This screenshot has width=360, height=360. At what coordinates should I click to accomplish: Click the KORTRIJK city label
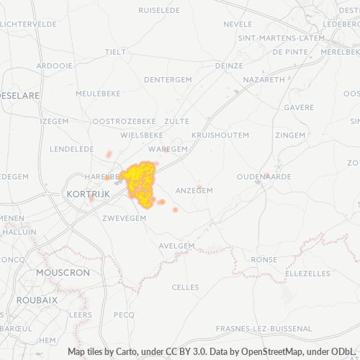(86, 194)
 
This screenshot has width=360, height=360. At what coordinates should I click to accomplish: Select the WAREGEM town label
(170, 148)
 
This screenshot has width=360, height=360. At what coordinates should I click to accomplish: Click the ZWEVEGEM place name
(125, 217)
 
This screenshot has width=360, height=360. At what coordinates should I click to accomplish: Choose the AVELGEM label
(177, 246)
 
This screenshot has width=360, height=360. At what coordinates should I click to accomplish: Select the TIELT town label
(115, 52)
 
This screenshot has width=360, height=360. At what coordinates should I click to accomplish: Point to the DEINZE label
(229, 65)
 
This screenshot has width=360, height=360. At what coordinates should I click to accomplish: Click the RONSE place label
(264, 260)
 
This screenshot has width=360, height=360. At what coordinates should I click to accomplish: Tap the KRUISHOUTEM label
(220, 135)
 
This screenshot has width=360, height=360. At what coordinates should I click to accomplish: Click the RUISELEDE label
(159, 12)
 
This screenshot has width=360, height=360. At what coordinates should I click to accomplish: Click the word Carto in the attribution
(122, 352)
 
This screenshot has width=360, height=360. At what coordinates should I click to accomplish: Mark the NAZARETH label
(264, 79)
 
